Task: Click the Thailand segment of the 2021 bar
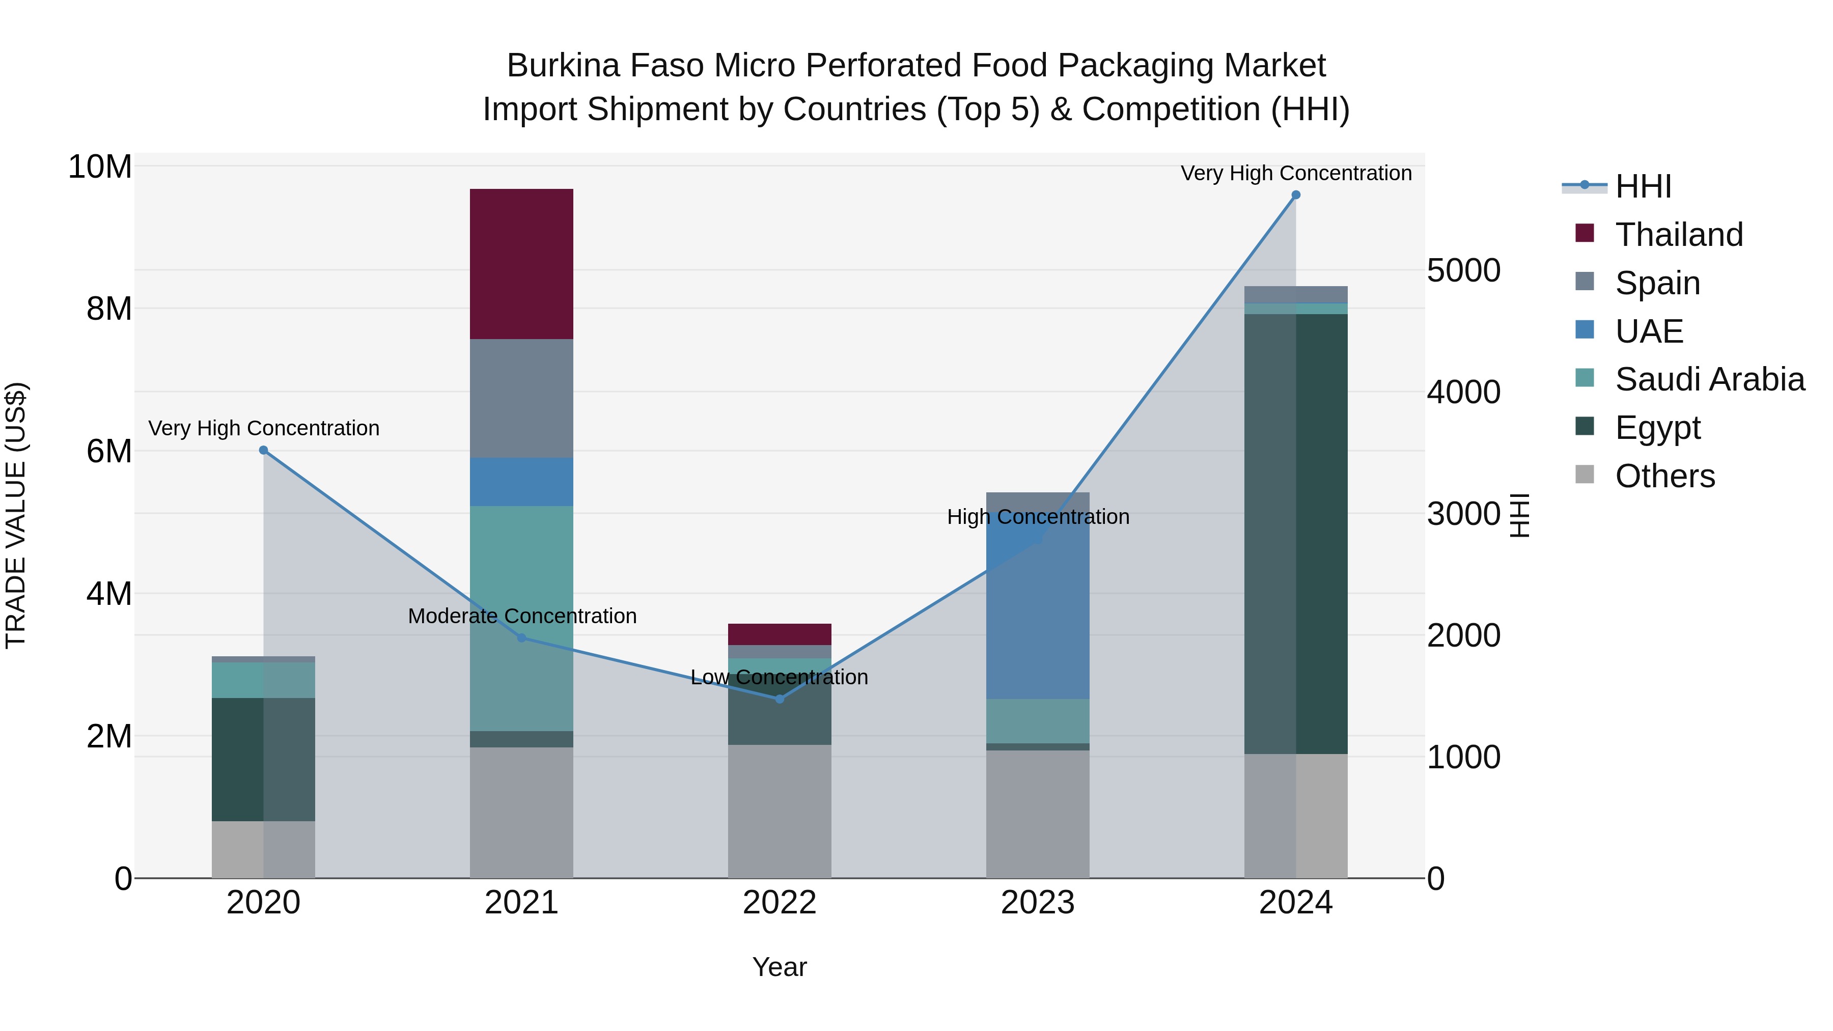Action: [x=521, y=263]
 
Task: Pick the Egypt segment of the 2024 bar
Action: [x=1296, y=534]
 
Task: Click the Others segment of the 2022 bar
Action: [x=779, y=811]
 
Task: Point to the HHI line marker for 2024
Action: [x=1296, y=195]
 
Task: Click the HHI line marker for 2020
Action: [x=263, y=451]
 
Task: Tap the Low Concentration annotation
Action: [x=779, y=677]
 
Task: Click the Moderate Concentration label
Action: [x=521, y=616]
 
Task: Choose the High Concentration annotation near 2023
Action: [x=1038, y=517]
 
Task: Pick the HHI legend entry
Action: [x=1642, y=186]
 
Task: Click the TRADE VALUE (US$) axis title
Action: [x=16, y=515]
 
